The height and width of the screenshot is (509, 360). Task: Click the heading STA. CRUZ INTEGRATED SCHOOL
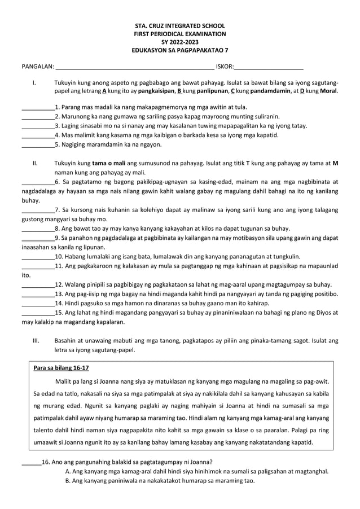pos(180,26)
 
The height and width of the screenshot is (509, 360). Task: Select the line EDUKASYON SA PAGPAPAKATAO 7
pos(180,50)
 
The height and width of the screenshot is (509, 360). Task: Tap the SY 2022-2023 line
pos(180,42)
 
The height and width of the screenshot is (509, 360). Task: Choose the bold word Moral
pos(328,91)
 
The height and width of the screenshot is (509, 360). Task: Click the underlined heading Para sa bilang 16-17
pos(61,368)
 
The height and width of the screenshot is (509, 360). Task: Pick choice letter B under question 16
pos(68,481)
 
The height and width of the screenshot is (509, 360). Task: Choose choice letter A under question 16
pos(68,471)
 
